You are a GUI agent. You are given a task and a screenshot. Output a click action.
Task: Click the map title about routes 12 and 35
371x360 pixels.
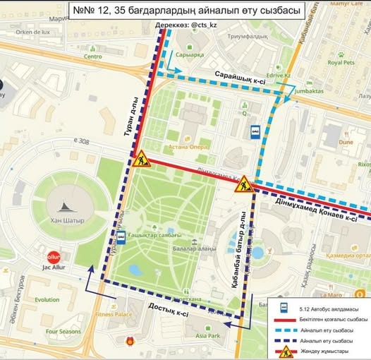coord(185,11)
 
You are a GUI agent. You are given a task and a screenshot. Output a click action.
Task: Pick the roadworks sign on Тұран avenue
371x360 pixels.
coord(140,160)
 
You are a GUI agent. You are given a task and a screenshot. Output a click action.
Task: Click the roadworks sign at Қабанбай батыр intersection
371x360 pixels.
coord(244,185)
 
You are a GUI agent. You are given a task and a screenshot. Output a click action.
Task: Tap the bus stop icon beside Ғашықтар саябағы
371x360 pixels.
coord(121,238)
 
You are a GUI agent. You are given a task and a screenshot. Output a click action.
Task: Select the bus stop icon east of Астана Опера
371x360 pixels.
coord(254,131)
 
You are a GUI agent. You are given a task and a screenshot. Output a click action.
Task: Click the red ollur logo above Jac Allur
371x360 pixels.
coord(53,258)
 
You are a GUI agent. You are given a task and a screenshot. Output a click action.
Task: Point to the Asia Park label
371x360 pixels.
coord(213,336)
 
